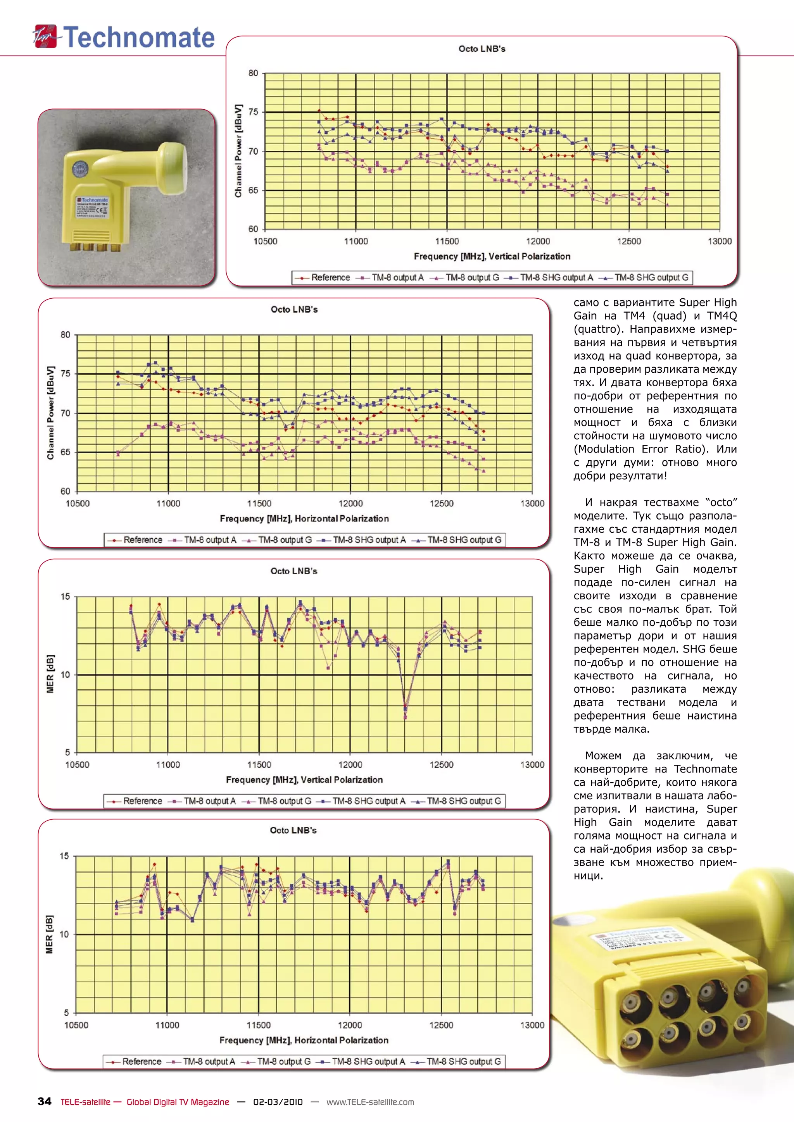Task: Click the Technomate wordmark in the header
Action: point(139,38)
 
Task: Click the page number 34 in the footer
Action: point(45,1101)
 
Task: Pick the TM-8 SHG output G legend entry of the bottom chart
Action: point(463,1062)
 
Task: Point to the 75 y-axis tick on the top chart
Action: point(253,112)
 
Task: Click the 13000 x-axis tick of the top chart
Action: point(719,241)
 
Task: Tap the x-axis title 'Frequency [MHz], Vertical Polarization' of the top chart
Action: point(492,256)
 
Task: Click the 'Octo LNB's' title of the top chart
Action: point(482,49)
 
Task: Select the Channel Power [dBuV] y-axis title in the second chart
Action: point(50,413)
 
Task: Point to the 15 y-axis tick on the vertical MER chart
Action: point(66,596)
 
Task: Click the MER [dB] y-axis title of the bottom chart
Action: point(49,934)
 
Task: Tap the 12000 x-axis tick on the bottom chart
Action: point(350,1025)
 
